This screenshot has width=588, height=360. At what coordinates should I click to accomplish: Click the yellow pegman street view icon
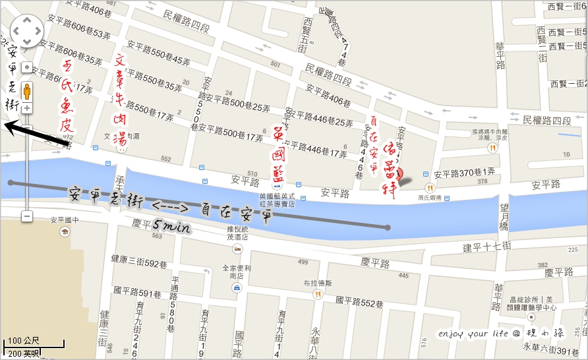(x=27, y=90)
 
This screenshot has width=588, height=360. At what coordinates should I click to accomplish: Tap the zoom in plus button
(x=27, y=108)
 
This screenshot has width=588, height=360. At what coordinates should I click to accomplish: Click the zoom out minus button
(x=27, y=216)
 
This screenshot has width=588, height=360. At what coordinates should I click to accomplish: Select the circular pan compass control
(x=26, y=29)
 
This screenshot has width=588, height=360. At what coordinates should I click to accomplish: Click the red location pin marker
(x=399, y=174)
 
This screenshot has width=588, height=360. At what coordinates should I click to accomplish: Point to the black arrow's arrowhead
(x=8, y=124)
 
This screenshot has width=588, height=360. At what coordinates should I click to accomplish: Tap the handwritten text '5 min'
(x=171, y=227)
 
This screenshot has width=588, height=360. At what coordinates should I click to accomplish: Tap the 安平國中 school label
(x=65, y=221)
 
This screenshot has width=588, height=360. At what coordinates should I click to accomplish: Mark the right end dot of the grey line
(x=388, y=227)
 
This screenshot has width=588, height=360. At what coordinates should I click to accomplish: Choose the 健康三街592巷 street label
(x=139, y=263)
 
